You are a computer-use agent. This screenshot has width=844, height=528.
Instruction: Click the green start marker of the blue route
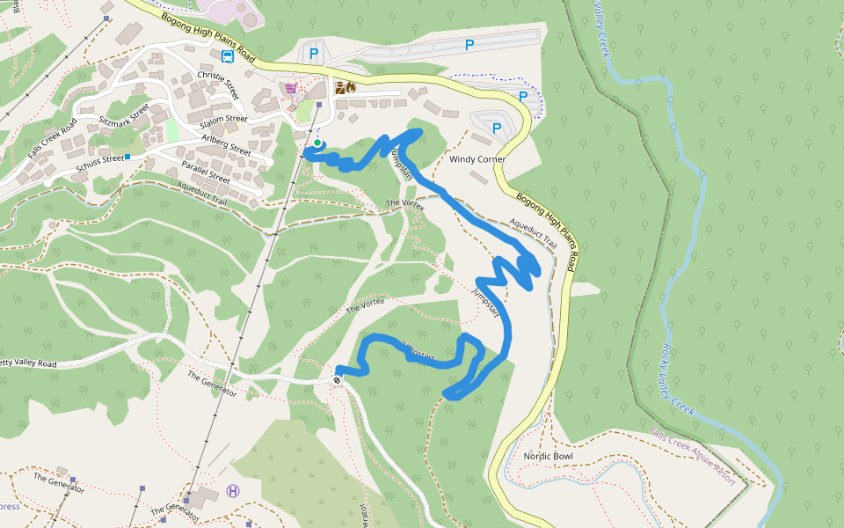[317, 142]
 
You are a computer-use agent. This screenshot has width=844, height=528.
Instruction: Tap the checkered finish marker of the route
[337, 380]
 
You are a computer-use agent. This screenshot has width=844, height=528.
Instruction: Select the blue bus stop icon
[228, 57]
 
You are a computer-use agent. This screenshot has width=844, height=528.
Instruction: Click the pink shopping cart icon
[291, 88]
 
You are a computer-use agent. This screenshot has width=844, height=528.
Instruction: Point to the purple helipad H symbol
[233, 490]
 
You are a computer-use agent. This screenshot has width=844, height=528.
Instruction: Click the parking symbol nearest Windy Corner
[497, 128]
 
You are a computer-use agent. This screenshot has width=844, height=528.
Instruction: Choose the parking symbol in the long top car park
[469, 44]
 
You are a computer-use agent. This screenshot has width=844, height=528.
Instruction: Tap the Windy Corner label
[477, 160]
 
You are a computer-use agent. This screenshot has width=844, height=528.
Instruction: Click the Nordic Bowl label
[548, 456]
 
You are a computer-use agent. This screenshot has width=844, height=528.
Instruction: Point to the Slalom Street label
[225, 119]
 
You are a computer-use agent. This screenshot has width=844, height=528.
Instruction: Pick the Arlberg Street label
[226, 145]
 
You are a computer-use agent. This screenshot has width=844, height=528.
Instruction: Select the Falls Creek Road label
[52, 138]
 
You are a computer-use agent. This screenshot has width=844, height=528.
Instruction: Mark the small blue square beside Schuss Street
[127, 157]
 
